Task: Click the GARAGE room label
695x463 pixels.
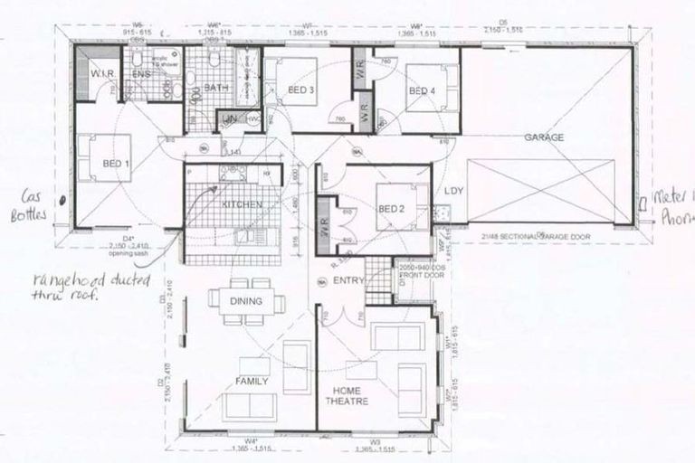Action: click(x=543, y=137)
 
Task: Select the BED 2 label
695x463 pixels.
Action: click(x=392, y=209)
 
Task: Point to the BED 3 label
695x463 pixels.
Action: click(x=301, y=90)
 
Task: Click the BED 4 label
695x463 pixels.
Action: click(x=422, y=91)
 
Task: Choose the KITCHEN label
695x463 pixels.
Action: click(x=241, y=205)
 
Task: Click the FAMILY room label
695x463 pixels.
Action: click(x=252, y=382)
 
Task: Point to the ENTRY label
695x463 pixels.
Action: click(x=348, y=280)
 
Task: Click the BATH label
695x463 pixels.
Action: click(x=216, y=88)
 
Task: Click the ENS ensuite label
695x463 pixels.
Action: click(x=142, y=74)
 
